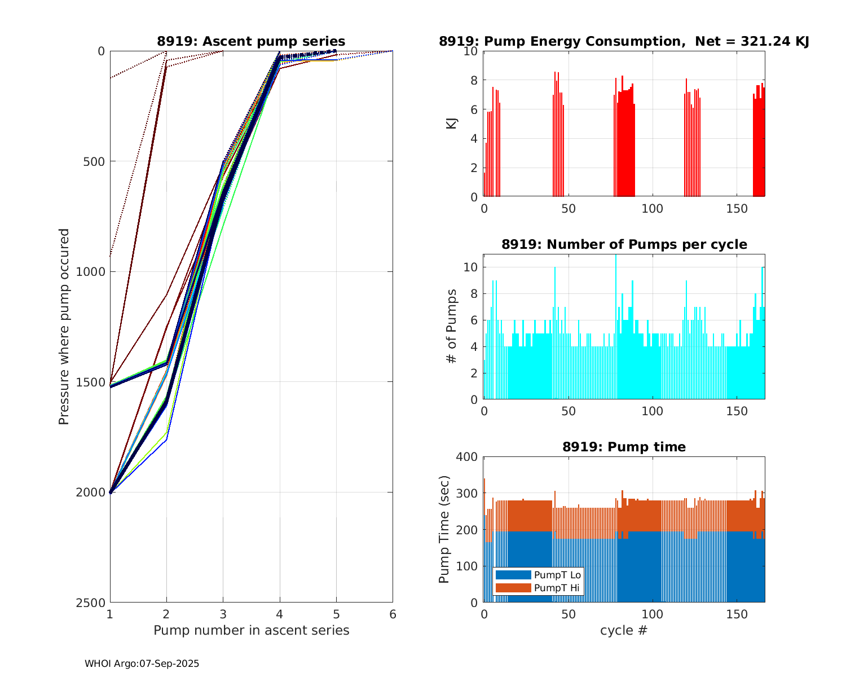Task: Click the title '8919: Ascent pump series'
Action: (251, 41)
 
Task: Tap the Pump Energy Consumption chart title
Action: (624, 41)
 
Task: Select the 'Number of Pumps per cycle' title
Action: (624, 244)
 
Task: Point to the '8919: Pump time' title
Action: (624, 447)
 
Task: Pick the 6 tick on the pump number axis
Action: (393, 614)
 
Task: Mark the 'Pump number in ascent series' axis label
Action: (251, 630)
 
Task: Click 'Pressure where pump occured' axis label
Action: (64, 327)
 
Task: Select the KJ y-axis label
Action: (452, 124)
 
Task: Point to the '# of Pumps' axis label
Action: (452, 326)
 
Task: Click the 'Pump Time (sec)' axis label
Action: (444, 530)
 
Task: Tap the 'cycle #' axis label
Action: (624, 630)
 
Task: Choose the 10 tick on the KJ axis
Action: (471, 51)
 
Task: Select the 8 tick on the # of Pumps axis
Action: (474, 294)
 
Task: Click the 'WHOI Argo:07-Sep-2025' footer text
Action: (142, 663)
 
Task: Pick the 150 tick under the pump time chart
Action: (737, 614)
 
